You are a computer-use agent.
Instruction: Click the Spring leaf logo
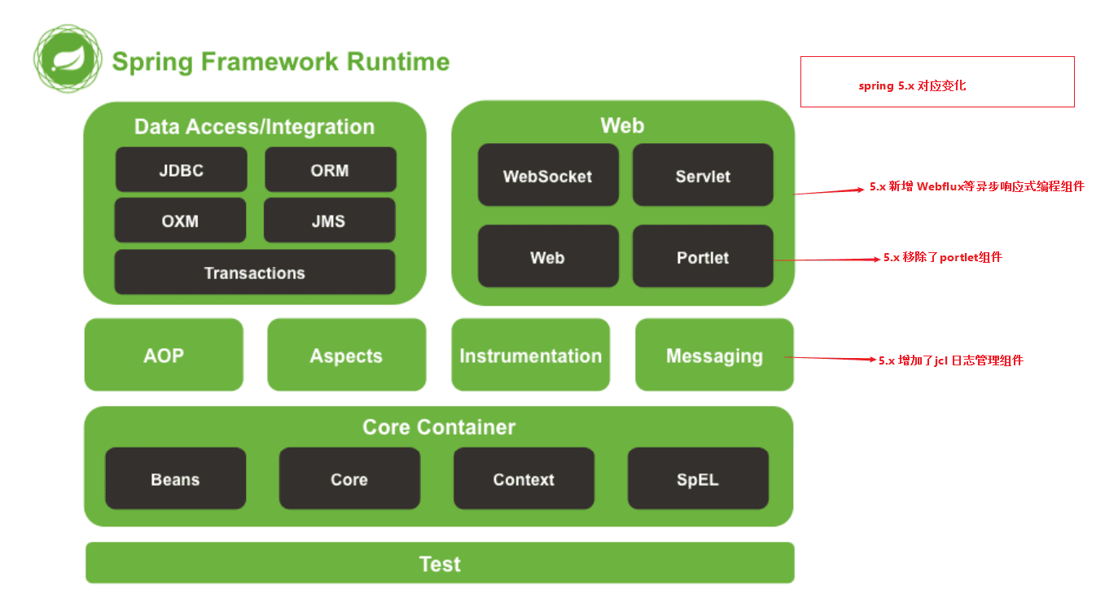point(68,58)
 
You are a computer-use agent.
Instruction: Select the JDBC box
point(181,170)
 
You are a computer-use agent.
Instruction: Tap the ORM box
point(330,170)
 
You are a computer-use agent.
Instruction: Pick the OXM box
point(180,221)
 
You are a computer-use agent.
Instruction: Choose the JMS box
point(329,221)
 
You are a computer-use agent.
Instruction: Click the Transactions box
point(255,273)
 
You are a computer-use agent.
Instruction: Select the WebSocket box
point(547,176)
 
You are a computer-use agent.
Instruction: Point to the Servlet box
point(703,176)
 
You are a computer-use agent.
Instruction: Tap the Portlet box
point(703,257)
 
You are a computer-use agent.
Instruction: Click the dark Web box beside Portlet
point(547,257)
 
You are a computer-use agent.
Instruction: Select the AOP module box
point(164,356)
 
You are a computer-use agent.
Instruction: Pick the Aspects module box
point(346,356)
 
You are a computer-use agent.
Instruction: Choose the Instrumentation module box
point(530,356)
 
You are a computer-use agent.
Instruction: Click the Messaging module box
point(714,356)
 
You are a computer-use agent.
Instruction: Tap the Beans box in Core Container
point(175,479)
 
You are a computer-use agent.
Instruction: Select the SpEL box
point(698,479)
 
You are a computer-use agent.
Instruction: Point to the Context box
point(524,479)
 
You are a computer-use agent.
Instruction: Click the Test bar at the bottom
point(440,563)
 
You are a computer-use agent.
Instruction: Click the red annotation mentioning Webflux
point(976,186)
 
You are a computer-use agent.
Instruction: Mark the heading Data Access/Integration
point(254,127)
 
